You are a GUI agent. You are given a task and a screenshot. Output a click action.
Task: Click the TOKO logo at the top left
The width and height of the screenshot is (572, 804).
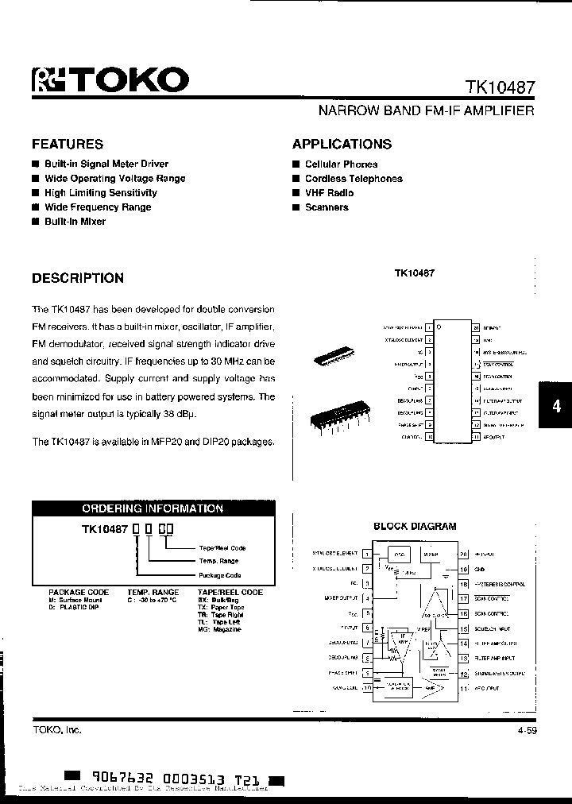coord(110,79)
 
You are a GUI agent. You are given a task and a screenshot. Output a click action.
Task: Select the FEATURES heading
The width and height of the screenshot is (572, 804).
coord(68,144)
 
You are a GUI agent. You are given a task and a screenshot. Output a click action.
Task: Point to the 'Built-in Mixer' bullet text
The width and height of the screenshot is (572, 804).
coord(75,222)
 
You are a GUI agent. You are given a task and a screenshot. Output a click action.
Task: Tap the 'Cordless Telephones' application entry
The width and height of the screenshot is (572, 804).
coord(354,179)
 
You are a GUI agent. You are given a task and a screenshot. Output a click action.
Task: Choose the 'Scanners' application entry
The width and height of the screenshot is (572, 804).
coord(327,207)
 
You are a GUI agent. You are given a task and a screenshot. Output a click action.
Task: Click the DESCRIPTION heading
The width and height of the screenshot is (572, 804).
coord(78,278)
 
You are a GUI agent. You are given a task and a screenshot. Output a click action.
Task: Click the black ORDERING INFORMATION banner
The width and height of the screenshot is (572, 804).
coord(153,509)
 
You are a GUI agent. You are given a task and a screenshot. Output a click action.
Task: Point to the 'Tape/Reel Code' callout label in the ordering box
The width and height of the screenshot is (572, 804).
coord(222,548)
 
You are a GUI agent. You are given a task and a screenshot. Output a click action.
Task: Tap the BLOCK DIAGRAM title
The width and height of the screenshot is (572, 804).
coord(415,526)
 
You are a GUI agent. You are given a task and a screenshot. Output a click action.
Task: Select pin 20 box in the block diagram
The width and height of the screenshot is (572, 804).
coord(464,554)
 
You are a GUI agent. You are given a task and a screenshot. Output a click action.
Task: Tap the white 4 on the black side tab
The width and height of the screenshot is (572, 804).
coord(556,406)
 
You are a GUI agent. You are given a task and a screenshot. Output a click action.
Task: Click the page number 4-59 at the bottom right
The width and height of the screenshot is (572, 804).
coord(525,729)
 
